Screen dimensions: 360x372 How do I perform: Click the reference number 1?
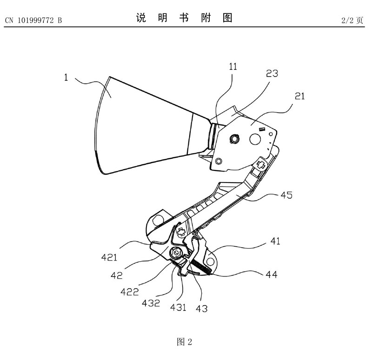coord(66,78)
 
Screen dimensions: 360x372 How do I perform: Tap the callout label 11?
coord(233,67)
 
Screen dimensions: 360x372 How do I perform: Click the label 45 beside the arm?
coord(286,196)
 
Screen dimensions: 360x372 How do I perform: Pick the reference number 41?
coord(275,242)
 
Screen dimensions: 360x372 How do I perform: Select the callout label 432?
coord(152,304)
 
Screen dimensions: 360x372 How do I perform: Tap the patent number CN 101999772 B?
coord(33,20)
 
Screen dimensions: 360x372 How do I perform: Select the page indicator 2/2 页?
coord(352,20)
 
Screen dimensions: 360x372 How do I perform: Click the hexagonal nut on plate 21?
coord(234,137)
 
